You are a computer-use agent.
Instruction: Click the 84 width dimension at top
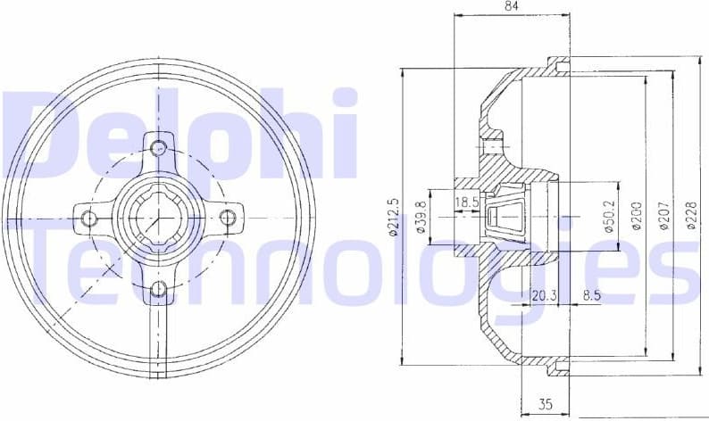[x=512, y=7]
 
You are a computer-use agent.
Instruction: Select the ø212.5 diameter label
[x=392, y=217]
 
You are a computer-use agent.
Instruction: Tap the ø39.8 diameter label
[x=419, y=217]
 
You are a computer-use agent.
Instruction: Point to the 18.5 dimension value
[x=467, y=203]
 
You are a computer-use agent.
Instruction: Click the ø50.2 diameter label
[x=611, y=217]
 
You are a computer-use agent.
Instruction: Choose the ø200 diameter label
[x=636, y=217]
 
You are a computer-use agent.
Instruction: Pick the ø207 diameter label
[x=663, y=217]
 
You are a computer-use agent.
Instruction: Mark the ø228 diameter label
[x=691, y=217]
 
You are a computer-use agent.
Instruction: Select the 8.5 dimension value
[x=591, y=295]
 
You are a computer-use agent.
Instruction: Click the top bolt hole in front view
[x=158, y=147]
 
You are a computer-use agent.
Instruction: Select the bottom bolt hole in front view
[x=158, y=288]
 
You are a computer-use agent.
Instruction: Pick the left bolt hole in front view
[x=88, y=218]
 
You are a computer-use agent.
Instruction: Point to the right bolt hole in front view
[x=228, y=218]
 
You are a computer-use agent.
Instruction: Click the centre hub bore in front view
[x=158, y=218]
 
